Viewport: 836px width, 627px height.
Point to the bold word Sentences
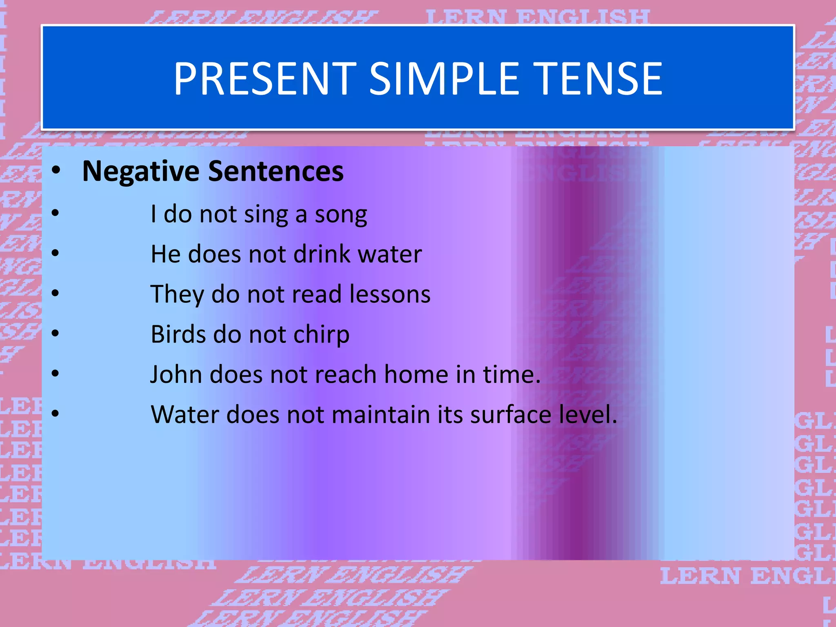pos(276,171)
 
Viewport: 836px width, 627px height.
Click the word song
pos(341,215)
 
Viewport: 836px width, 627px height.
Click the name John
pos(176,374)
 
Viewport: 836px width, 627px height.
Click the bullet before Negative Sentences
pos(56,171)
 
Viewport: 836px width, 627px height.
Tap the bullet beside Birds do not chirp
pos(56,334)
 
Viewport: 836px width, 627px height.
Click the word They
pos(177,294)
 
